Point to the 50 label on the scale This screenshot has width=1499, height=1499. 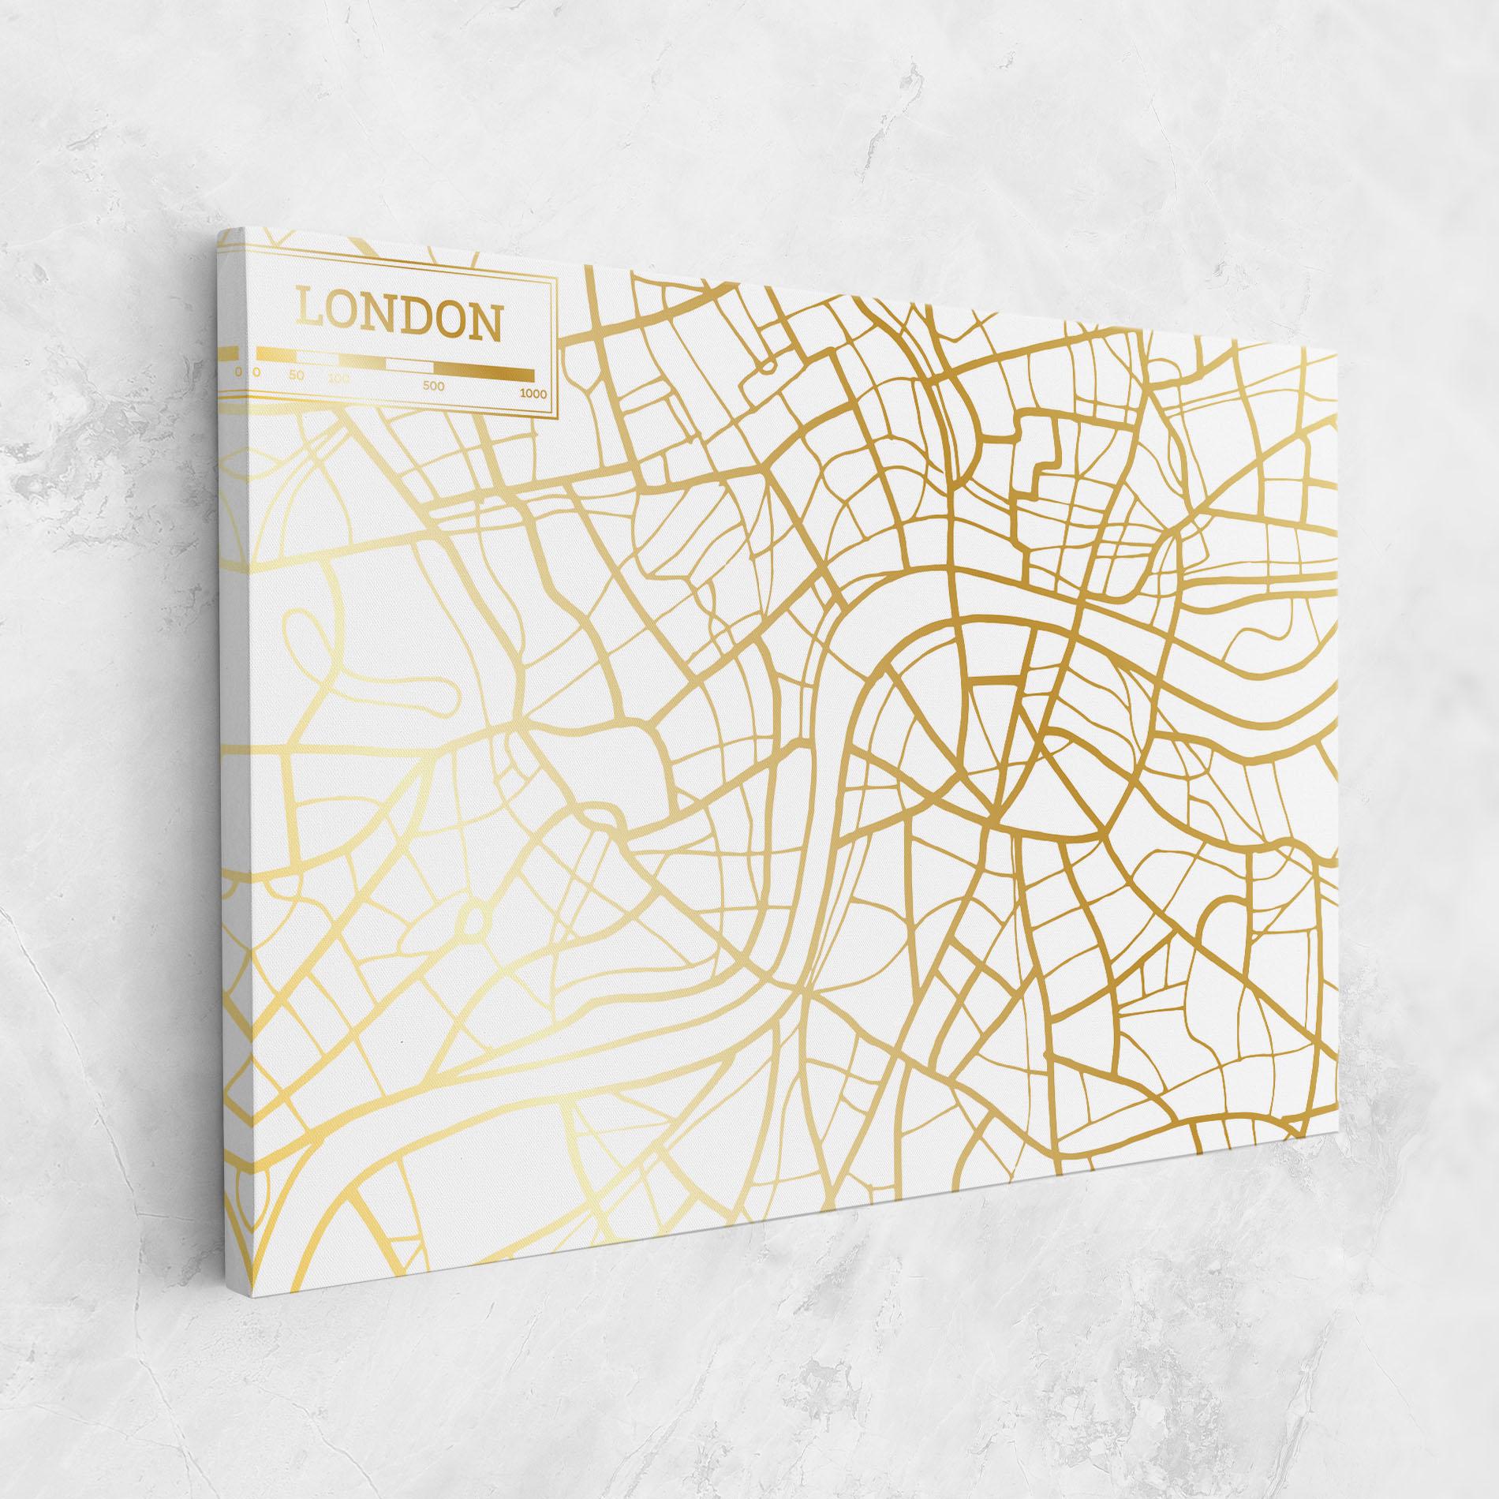pyautogui.click(x=296, y=375)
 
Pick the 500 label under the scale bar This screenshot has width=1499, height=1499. pyautogui.click(x=433, y=386)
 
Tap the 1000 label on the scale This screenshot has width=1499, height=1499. pyautogui.click(x=533, y=394)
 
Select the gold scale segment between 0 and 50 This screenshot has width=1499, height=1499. pyautogui.click(x=276, y=355)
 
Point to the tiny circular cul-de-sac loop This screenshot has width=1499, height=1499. pyautogui.click(x=765, y=364)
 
